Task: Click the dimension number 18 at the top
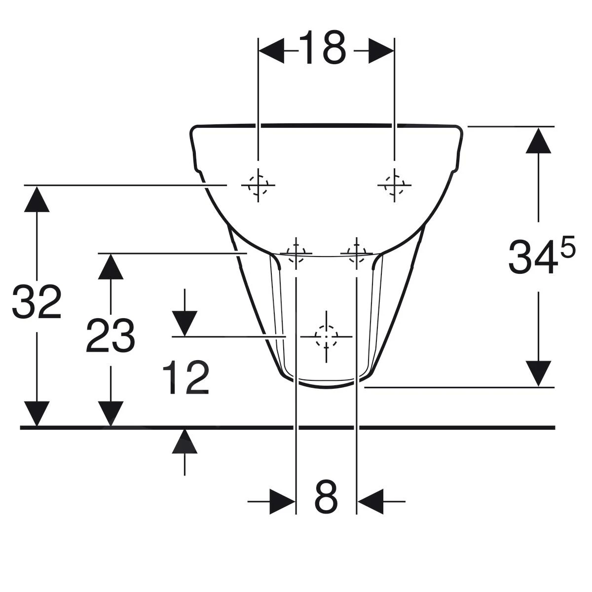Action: pyautogui.click(x=326, y=48)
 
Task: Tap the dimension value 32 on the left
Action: pyautogui.click(x=37, y=302)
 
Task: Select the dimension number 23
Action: pyautogui.click(x=110, y=336)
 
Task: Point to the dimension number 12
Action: pyautogui.click(x=186, y=378)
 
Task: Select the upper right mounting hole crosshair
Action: pyautogui.click(x=394, y=185)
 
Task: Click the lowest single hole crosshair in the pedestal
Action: pyautogui.click(x=326, y=336)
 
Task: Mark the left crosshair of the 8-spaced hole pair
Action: pyautogui.click(x=296, y=253)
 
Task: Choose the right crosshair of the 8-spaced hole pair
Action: pyautogui.click(x=356, y=253)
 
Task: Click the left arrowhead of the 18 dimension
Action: pyautogui.click(x=271, y=51)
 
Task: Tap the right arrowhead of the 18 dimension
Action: pyautogui.click(x=381, y=51)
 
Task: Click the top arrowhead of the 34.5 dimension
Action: pyautogui.click(x=538, y=140)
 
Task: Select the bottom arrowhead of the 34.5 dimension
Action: pyautogui.click(x=538, y=373)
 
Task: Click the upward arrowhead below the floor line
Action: pyautogui.click(x=185, y=441)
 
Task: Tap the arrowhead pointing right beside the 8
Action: pyautogui.click(x=282, y=502)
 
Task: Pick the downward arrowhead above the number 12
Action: pyautogui.click(x=185, y=324)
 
